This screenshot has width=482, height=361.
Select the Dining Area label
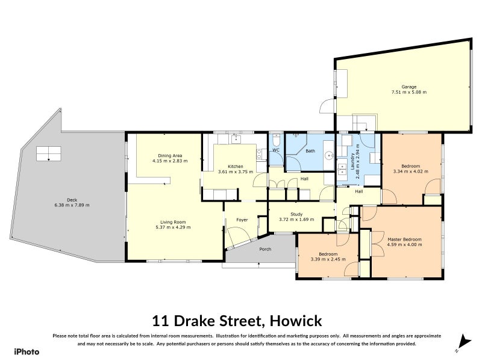[x=163, y=156]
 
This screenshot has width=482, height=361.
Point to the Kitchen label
[x=236, y=167]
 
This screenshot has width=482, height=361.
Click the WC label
[x=275, y=150]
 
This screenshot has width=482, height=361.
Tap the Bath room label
[x=310, y=151]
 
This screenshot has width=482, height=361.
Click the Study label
[x=296, y=214]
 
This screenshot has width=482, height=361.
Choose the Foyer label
[x=242, y=220]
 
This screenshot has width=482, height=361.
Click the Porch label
[x=264, y=249]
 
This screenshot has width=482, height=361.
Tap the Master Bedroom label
[x=405, y=239]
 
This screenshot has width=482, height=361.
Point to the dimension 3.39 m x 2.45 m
[x=326, y=259]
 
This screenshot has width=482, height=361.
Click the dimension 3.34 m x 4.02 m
[x=410, y=171]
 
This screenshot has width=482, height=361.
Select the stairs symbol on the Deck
[x=49, y=153]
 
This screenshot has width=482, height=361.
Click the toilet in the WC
[x=275, y=159]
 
